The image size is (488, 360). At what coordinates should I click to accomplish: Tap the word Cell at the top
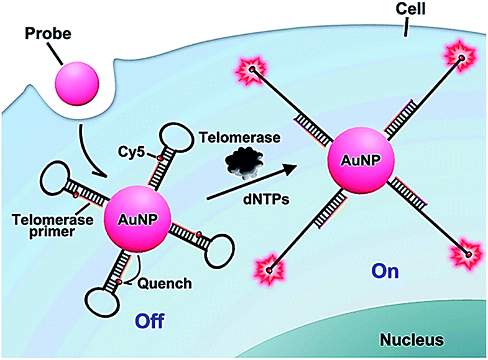click(x=407, y=11)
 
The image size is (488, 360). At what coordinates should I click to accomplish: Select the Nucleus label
click(x=413, y=340)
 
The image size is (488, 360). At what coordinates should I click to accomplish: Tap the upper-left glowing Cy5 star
click(x=252, y=68)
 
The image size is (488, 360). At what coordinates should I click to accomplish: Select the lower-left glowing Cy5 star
click(x=270, y=269)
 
